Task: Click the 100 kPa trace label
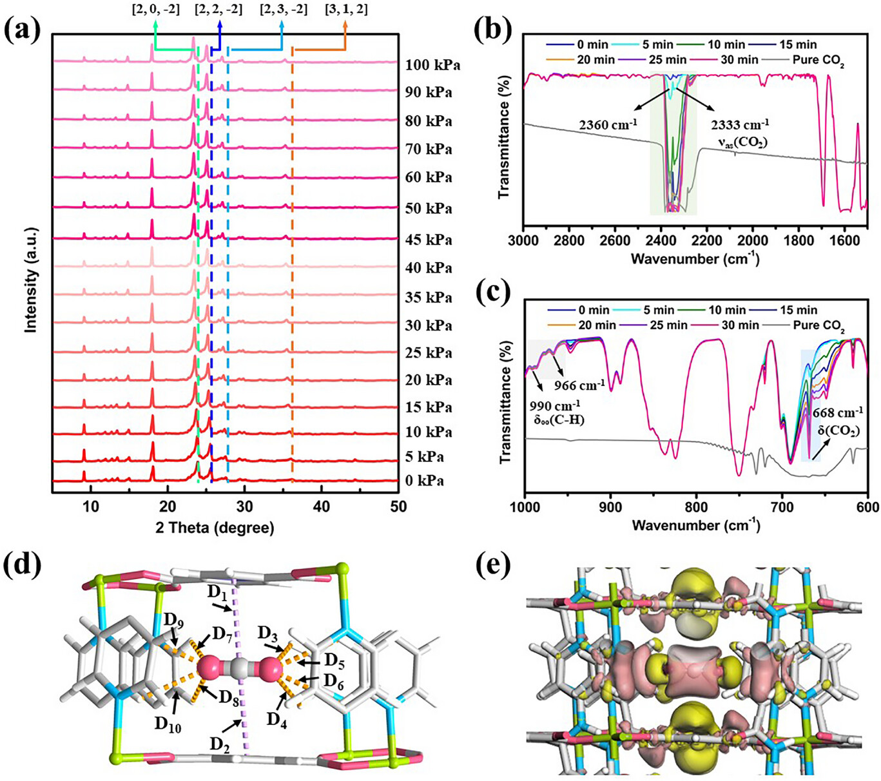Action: [x=432, y=65]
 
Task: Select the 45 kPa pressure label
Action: [x=429, y=240]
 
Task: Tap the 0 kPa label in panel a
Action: [x=425, y=481]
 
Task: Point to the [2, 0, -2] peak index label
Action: [x=155, y=9]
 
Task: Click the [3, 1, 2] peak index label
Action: [x=345, y=9]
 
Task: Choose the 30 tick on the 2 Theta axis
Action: [x=244, y=506]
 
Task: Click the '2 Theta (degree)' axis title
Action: [x=215, y=528]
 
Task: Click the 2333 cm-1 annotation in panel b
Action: [x=739, y=124]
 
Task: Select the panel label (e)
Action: [x=492, y=566]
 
